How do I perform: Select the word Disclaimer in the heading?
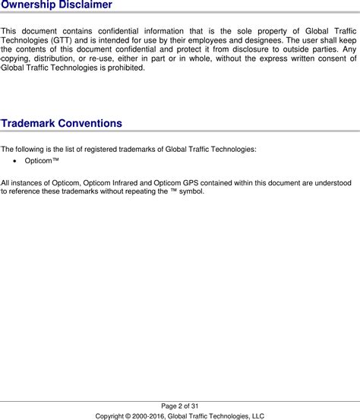pyautogui.click(x=87, y=5)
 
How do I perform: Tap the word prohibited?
pyautogui.click(x=123, y=68)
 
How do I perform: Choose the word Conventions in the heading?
pyautogui.click(x=93, y=123)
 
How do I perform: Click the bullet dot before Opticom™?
pyautogui.click(x=7, y=162)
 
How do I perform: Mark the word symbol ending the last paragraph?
pyautogui.click(x=191, y=191)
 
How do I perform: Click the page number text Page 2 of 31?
pyautogui.click(x=180, y=406)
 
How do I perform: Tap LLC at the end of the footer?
pyautogui.click(x=257, y=415)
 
